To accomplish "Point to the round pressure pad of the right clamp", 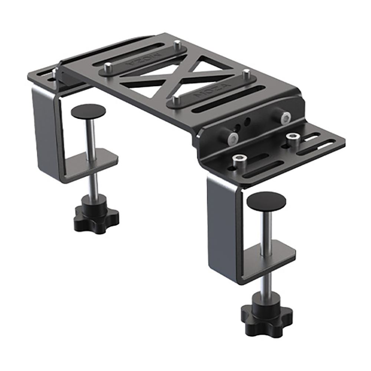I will coord(266,201).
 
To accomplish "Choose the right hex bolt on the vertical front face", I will coord(286,118).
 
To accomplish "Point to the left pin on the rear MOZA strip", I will coord(108,67).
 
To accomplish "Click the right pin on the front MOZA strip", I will coord(246,74).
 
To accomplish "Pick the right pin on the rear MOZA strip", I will coord(177,43).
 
